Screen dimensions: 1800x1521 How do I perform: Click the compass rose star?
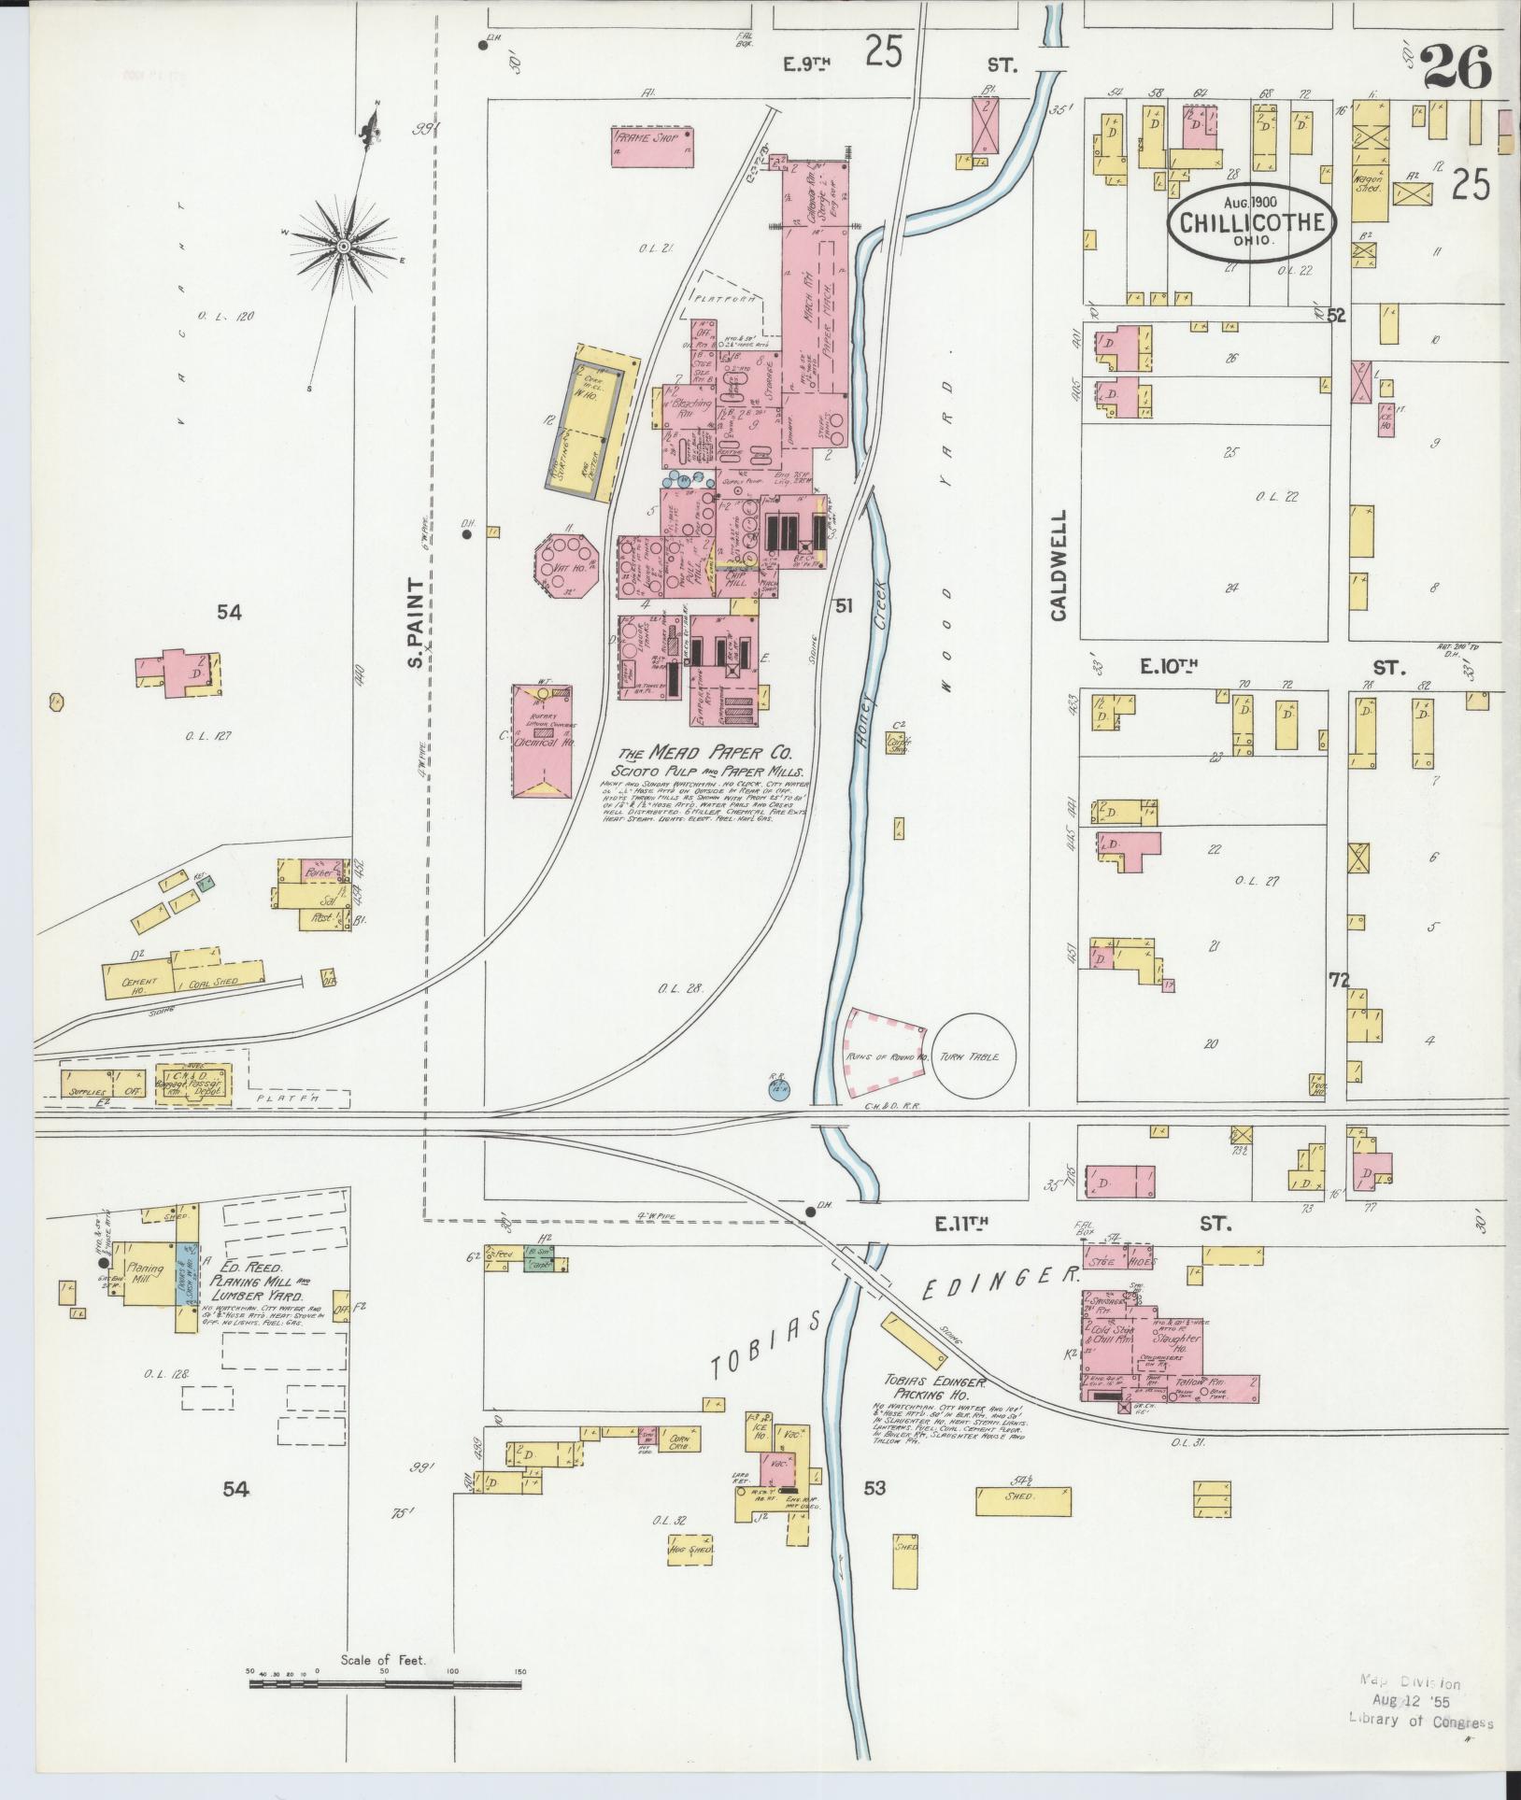tap(343, 246)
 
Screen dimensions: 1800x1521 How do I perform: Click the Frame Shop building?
tap(653, 147)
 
